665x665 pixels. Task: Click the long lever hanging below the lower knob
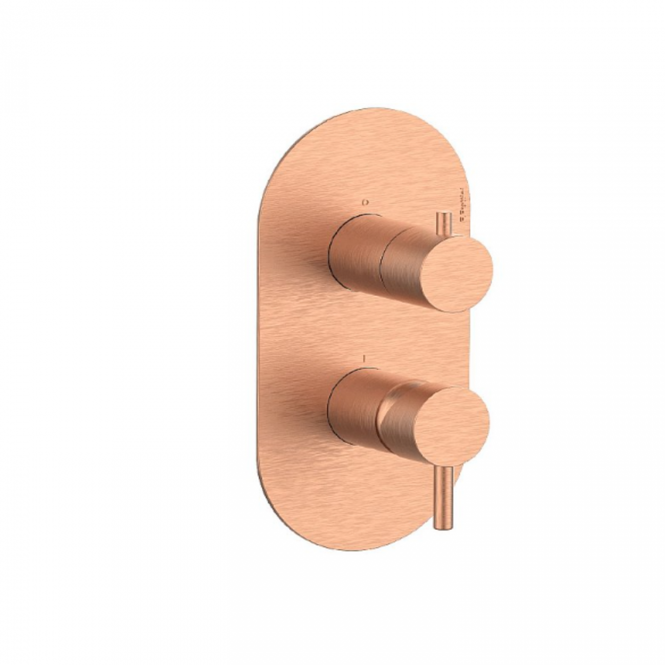point(440,491)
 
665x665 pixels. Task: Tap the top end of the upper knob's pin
point(441,214)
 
